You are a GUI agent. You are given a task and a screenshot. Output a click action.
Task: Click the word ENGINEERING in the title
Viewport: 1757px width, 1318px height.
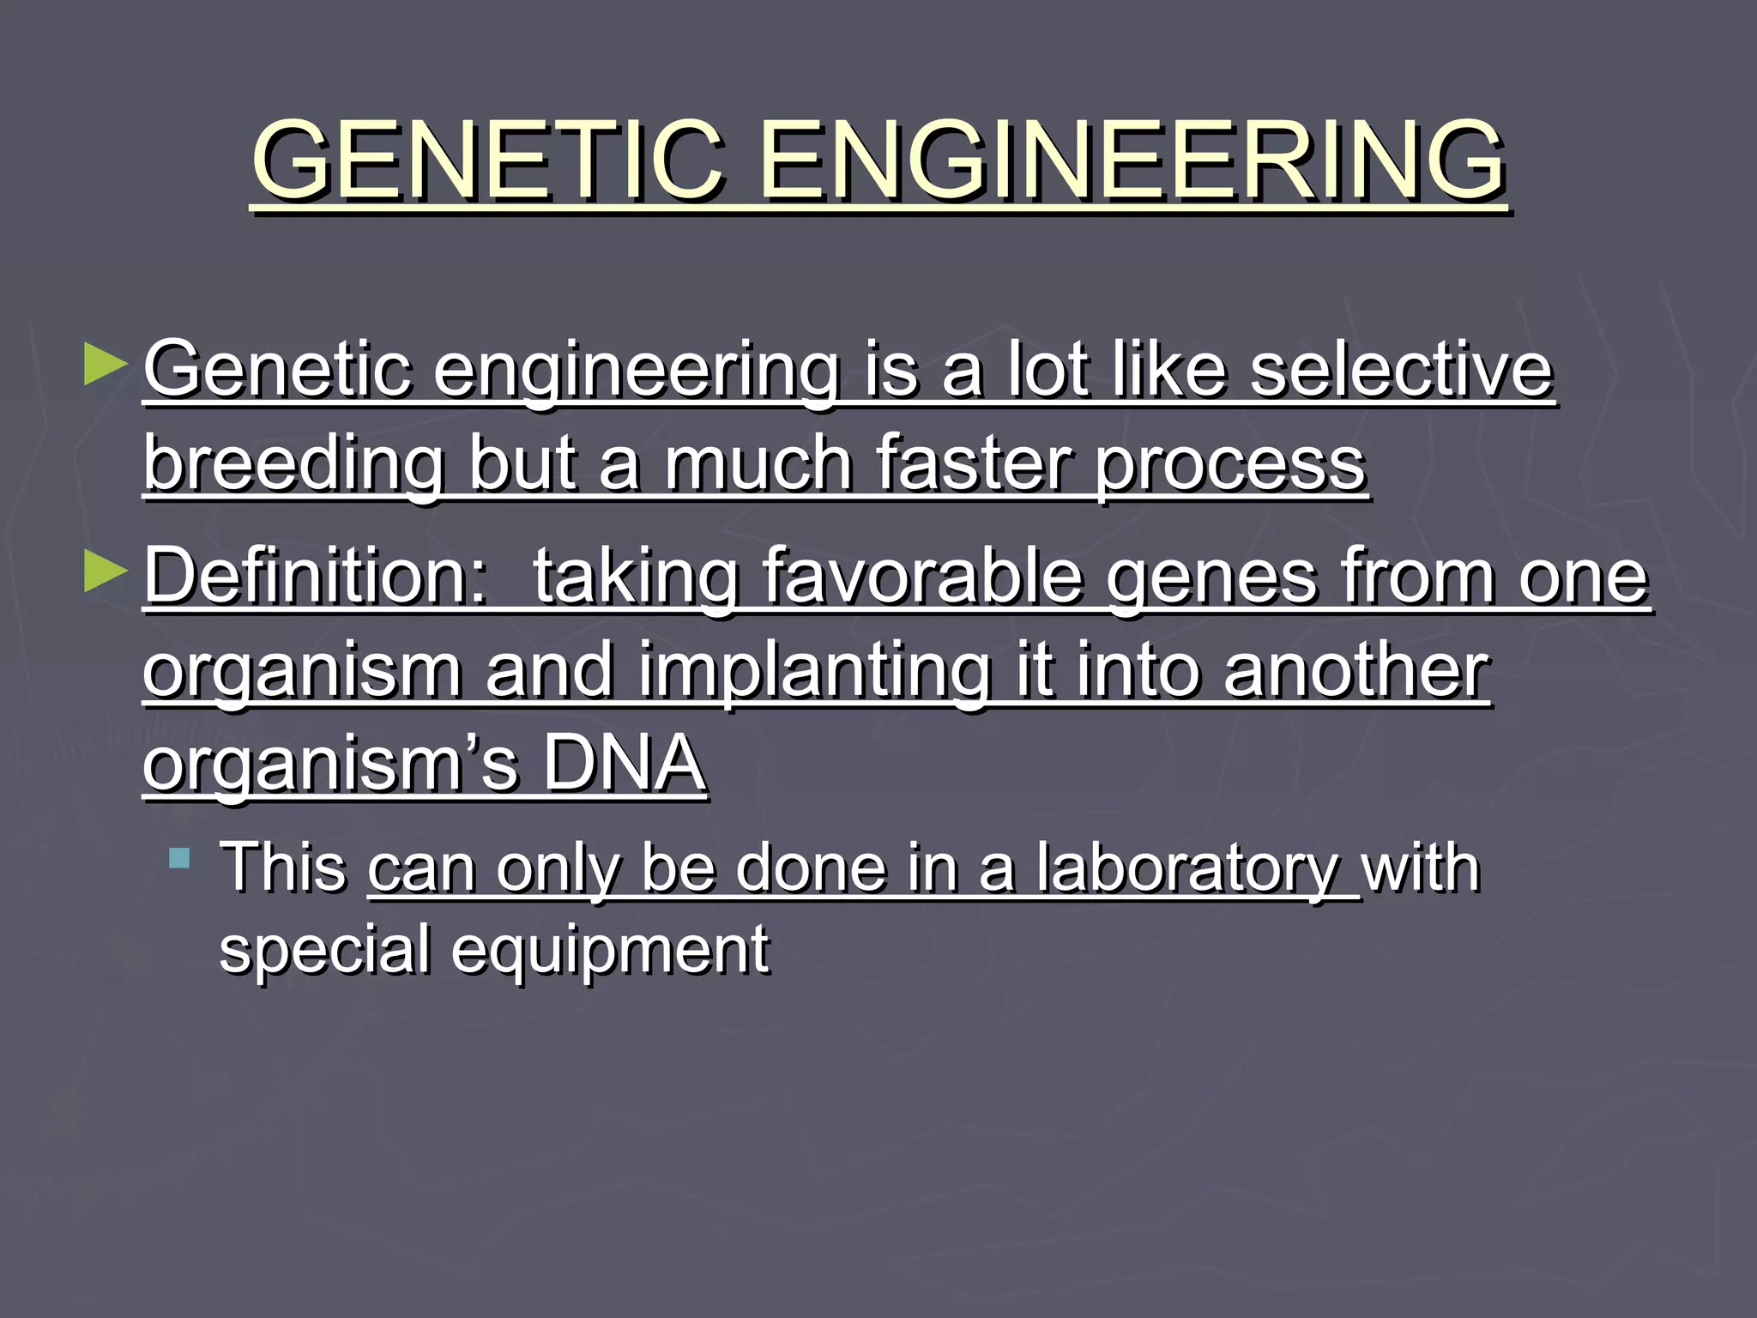pos(1132,160)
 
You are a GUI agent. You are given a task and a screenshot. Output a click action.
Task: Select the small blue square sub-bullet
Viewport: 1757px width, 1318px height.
pos(179,857)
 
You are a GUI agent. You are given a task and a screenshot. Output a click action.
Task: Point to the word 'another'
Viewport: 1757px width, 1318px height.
pos(1356,670)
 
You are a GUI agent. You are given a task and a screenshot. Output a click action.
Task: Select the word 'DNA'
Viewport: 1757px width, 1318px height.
pos(624,763)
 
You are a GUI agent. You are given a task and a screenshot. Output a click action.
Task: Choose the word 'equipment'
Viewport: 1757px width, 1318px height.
pos(610,952)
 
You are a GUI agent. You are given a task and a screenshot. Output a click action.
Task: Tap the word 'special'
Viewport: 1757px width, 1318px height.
pos(324,950)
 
